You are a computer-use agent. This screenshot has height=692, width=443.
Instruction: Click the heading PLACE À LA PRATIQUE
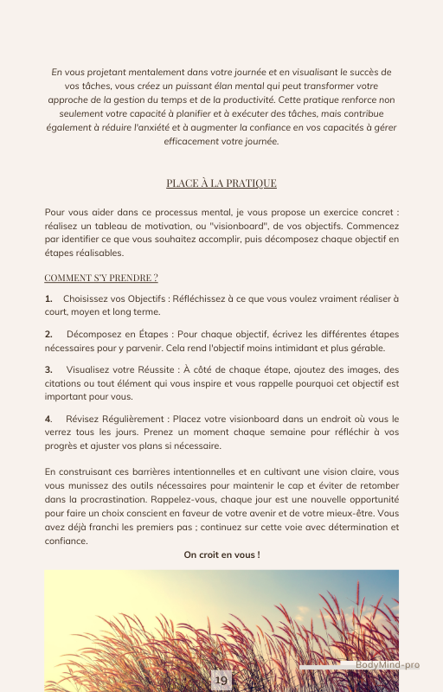click(x=221, y=183)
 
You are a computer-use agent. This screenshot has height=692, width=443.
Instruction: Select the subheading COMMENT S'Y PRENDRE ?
click(x=101, y=278)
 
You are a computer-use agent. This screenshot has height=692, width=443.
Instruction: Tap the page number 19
click(x=221, y=682)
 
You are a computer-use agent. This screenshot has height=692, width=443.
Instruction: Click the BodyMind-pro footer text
click(x=388, y=665)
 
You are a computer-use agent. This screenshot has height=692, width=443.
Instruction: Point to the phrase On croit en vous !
click(x=221, y=554)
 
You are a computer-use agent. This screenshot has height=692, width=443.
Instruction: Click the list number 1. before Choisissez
click(x=48, y=298)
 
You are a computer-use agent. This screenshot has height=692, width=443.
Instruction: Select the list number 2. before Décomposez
click(x=48, y=333)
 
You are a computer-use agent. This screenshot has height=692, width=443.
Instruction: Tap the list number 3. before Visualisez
click(x=48, y=369)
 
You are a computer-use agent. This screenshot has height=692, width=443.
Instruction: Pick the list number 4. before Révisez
click(x=48, y=420)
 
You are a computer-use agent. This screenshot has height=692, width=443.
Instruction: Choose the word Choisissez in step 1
click(x=87, y=298)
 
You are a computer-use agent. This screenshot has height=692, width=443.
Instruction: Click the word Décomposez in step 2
click(x=93, y=333)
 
